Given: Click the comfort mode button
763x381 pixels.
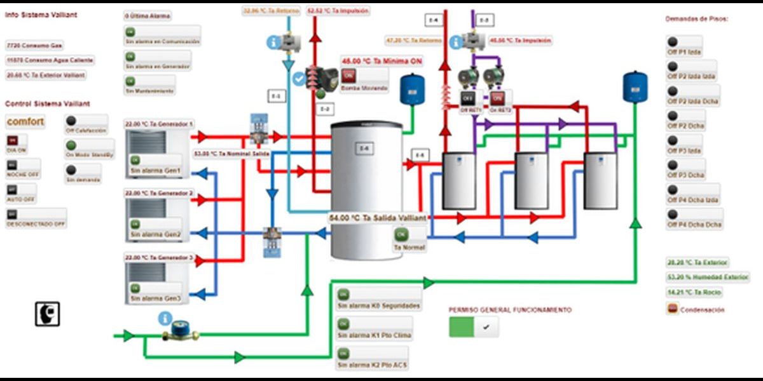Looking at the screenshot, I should coord(25,121).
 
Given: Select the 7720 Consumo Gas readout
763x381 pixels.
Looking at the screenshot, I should coord(35,46).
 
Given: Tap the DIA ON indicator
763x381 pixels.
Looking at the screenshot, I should coord(17,144).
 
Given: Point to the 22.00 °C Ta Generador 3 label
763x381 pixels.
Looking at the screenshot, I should coord(160,258).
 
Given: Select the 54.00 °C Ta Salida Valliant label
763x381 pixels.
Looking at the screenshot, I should coord(377,217).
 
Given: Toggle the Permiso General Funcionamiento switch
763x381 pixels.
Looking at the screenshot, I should coord(474,327).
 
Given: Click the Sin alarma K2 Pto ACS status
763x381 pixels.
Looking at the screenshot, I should coord(372,359).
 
